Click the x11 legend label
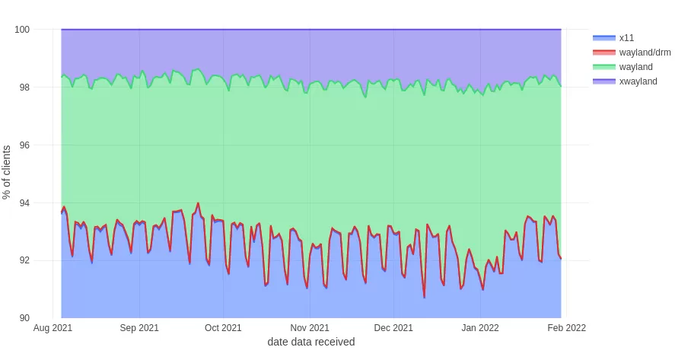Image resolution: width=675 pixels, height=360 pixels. [x=626, y=37]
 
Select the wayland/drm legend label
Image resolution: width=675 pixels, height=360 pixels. [x=645, y=52]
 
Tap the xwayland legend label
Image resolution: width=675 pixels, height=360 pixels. [x=638, y=81]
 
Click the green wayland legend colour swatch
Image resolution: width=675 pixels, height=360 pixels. [x=603, y=67]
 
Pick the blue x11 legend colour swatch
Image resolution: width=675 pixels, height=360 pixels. [x=603, y=37]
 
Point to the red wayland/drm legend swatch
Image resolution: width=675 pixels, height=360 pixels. [x=603, y=52]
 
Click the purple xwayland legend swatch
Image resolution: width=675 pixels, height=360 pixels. [x=603, y=81]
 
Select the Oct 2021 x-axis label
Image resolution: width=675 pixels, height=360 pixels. [x=223, y=328]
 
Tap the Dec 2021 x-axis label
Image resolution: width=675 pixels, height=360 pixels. [x=394, y=328]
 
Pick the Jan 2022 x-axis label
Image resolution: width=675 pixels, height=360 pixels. [x=480, y=328]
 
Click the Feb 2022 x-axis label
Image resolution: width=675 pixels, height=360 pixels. [x=566, y=328]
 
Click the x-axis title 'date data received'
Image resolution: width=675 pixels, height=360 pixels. [x=310, y=342]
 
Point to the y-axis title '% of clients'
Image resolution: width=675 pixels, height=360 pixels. [x=8, y=173]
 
